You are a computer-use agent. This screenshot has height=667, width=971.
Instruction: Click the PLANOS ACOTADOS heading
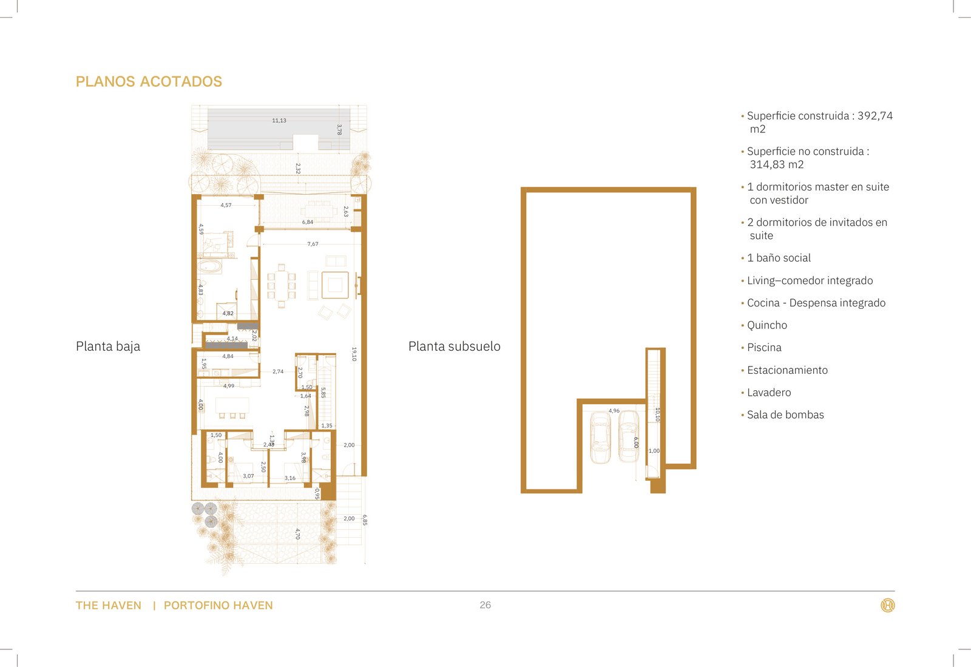pos(149,81)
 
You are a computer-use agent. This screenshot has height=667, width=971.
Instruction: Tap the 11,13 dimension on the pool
pos(279,121)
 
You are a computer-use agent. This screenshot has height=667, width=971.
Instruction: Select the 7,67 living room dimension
pos(313,244)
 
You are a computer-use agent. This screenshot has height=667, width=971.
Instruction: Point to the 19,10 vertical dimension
pos(354,354)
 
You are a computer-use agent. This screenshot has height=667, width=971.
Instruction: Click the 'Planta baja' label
pos(108,347)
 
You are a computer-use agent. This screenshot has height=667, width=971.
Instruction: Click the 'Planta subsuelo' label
pos(455,347)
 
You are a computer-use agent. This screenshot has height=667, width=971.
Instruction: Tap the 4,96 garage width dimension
pos(614,411)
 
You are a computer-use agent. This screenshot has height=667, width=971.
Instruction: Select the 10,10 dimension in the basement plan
pos(658,415)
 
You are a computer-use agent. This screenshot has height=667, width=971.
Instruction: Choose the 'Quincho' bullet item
pos(767,325)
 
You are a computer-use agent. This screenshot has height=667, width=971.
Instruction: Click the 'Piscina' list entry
pos(764,348)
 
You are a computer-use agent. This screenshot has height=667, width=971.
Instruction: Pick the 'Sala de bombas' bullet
pos(785,415)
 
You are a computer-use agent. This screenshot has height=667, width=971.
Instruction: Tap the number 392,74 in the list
pos(875,116)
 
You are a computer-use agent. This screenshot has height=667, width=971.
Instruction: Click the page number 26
pos(486,605)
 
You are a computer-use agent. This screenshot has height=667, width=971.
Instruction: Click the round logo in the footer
pos(888,605)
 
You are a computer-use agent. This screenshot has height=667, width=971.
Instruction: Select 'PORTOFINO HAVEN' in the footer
pos(218,606)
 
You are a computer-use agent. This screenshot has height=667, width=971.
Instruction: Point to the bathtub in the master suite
pos(210,266)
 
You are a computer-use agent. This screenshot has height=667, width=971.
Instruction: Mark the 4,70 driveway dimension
pos(297,534)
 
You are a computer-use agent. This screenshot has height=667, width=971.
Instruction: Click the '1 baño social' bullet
pos(779,258)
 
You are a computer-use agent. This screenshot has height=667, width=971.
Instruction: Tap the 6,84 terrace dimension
pos(307,222)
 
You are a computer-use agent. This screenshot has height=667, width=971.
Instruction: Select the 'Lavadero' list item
pos(769,393)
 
